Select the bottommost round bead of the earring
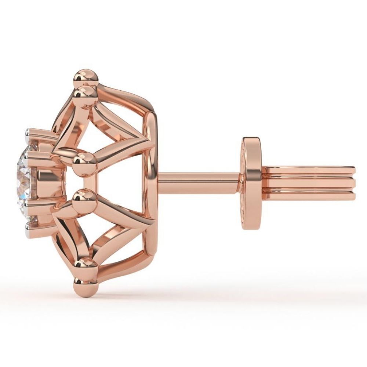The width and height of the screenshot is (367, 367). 85,285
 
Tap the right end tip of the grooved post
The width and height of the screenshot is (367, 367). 355,183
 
